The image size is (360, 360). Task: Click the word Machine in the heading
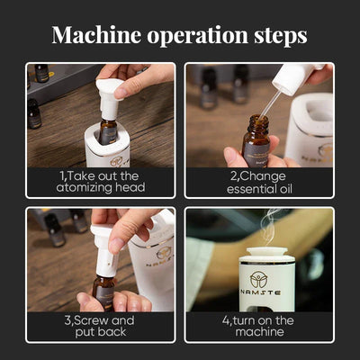click(x=96, y=35)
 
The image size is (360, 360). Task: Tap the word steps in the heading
click(x=281, y=36)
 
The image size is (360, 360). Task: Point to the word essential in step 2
click(x=252, y=189)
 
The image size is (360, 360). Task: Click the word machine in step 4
click(x=259, y=332)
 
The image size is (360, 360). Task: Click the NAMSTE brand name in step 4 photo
click(x=260, y=292)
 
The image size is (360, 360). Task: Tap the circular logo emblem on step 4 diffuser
click(x=259, y=280)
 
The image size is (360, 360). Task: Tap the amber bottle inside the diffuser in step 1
click(x=108, y=131)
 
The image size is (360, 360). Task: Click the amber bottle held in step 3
click(x=103, y=292)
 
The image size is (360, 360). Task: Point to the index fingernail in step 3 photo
click(x=115, y=246)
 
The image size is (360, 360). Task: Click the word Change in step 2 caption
click(x=262, y=177)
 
